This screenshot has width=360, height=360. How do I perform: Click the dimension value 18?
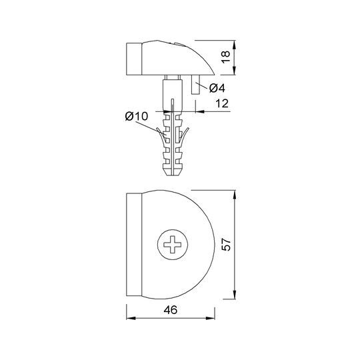coord(226,57)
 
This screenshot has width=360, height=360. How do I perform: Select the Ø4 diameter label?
coord(217,88)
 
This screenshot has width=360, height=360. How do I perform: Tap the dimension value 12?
coord(222,103)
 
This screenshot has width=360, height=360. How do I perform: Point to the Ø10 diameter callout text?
coord(137,117)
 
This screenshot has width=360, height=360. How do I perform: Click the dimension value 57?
coord(226,245)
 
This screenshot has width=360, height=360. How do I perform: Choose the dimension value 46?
coord(171,310)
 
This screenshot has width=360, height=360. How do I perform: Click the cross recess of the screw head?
coord(173,245)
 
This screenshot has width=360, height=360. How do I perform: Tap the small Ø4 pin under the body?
coord(195,85)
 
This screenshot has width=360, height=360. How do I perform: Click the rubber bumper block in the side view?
coord(134,59)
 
